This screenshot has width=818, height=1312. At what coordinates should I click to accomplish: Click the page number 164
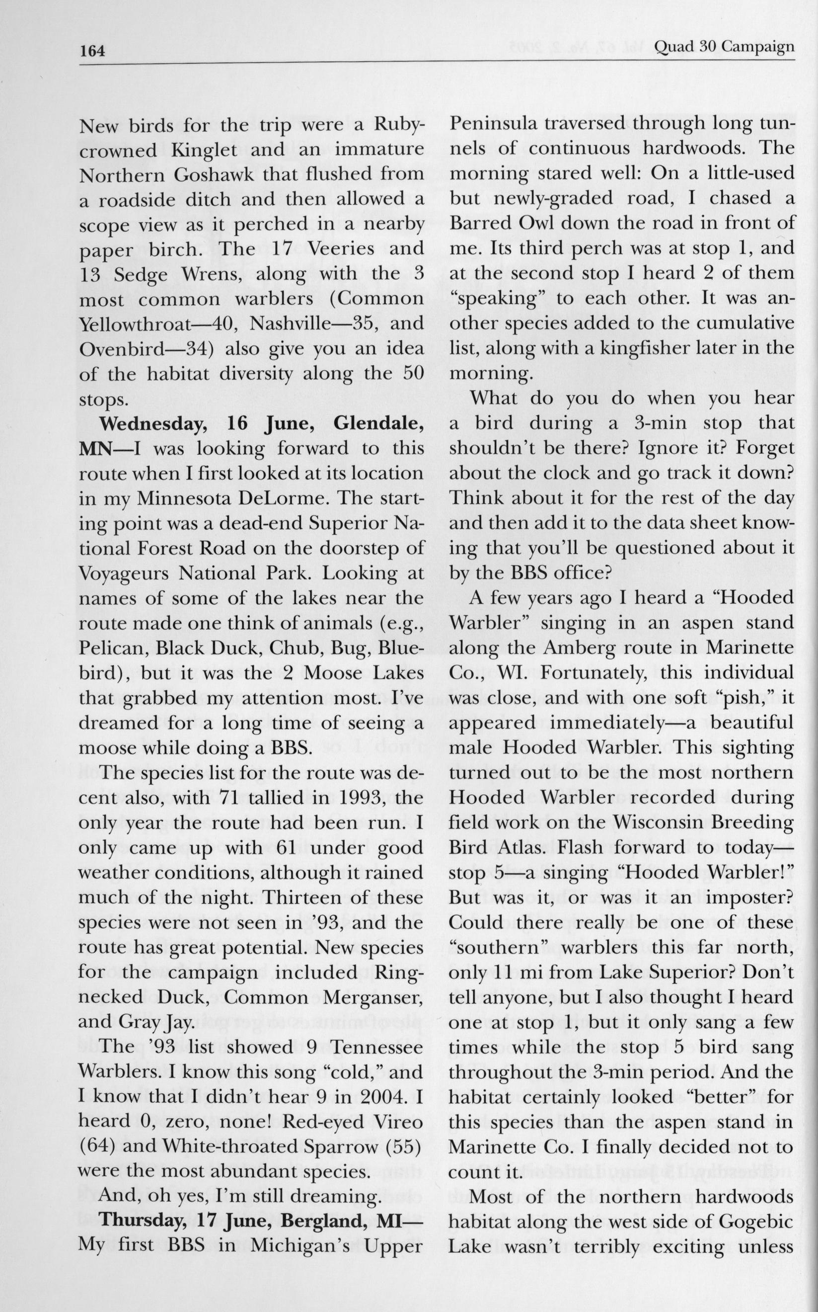pyautogui.click(x=92, y=51)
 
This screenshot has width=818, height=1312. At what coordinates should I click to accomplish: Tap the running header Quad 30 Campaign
pyautogui.click(x=724, y=47)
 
